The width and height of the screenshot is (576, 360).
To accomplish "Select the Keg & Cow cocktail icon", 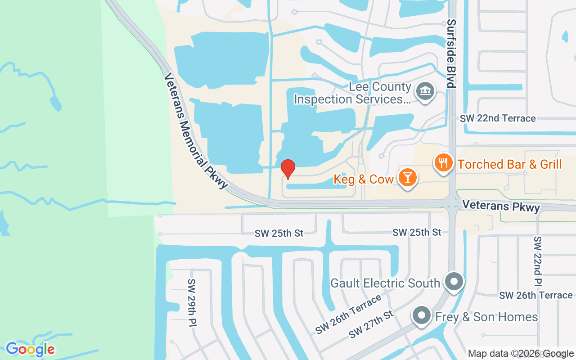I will click(x=408, y=178).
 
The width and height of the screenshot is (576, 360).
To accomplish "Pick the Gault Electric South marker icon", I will click(x=454, y=282).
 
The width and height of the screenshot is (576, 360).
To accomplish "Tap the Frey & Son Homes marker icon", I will click(x=422, y=316).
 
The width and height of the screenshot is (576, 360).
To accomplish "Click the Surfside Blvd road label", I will click(x=452, y=53).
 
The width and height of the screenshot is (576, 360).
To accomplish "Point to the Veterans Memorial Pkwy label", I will click(x=196, y=130).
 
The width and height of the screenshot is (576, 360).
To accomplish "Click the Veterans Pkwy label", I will click(x=500, y=207).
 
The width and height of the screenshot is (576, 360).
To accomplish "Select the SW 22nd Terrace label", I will click(x=498, y=118).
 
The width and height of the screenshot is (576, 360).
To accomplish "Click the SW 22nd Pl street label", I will click(x=538, y=261).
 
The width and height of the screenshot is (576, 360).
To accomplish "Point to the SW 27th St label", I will click(x=371, y=324).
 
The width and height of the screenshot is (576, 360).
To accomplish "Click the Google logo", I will click(x=30, y=349).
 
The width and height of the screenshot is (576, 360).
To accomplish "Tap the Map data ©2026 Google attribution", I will click(x=521, y=354).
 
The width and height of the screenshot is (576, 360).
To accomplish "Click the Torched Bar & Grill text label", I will click(x=509, y=164).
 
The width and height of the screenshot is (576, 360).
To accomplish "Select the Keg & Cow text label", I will click(x=364, y=179).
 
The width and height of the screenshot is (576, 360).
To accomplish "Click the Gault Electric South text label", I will click(x=385, y=283).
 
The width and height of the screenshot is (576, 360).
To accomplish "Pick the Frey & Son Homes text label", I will click(x=486, y=317).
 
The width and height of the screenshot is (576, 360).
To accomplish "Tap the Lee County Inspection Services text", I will click(x=352, y=93).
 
